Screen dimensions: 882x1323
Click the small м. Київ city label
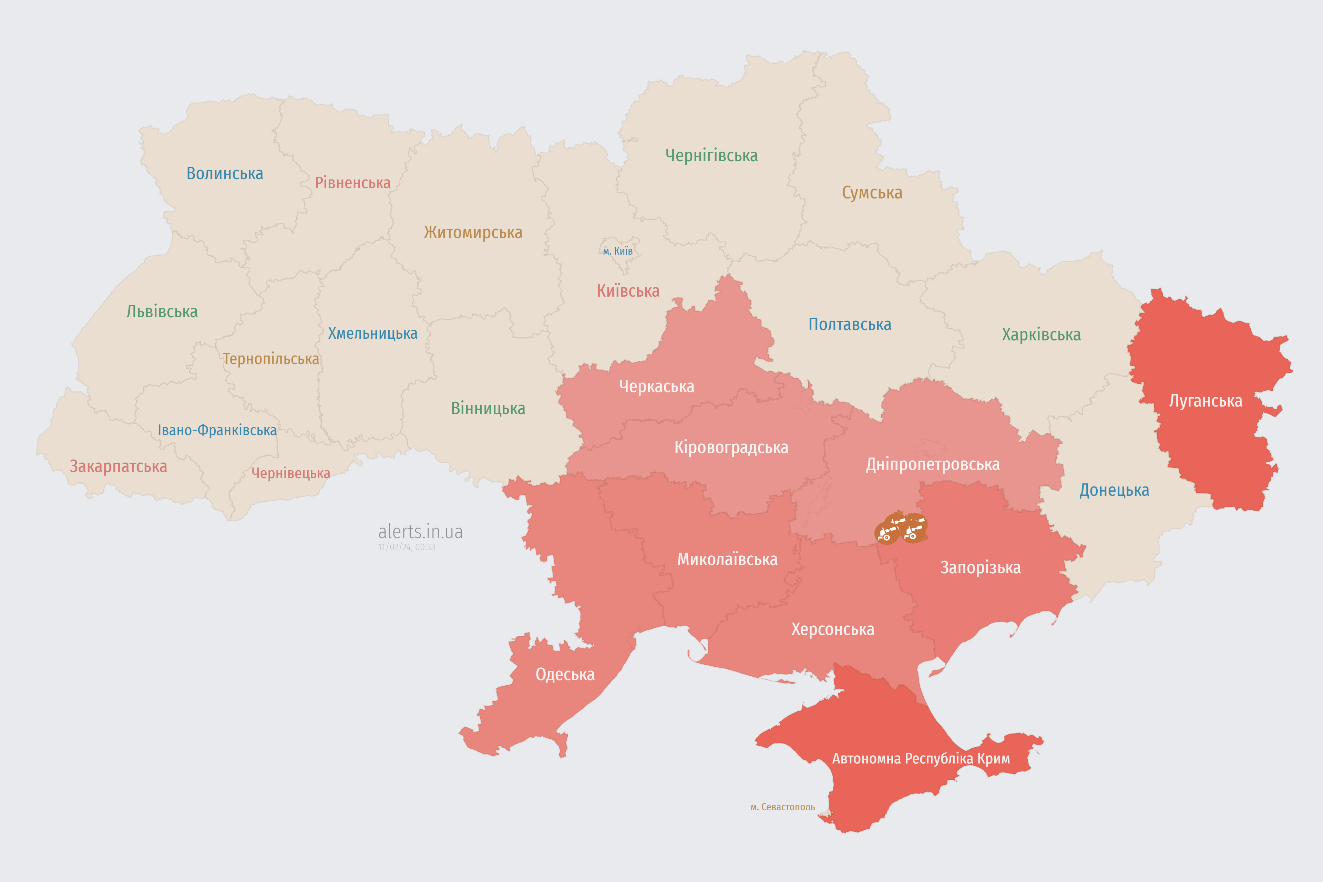tap(618, 251)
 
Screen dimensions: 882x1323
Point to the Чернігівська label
tap(711, 155)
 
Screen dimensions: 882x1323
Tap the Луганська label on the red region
tap(1206, 401)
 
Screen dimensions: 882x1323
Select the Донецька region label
tap(1114, 490)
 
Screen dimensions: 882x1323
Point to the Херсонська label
tap(832, 629)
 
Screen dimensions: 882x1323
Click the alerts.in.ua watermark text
tap(420, 532)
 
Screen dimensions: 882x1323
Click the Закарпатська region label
tap(118, 466)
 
